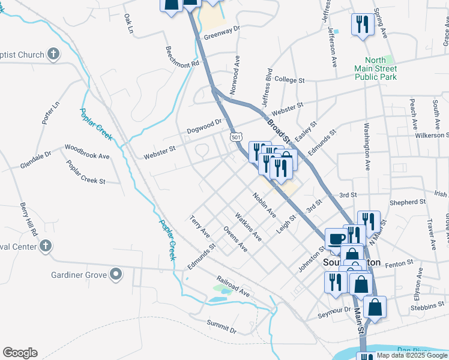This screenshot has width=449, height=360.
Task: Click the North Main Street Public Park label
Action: [x=375, y=68]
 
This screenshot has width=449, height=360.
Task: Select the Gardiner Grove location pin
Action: [x=116, y=275]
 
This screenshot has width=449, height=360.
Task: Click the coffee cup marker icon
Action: [x=336, y=239]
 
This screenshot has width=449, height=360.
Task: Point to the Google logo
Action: [x=20, y=353]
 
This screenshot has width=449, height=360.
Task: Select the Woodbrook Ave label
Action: [x=87, y=151]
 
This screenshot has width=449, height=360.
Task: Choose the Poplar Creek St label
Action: [x=86, y=172]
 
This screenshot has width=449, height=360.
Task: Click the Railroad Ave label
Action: [x=233, y=286]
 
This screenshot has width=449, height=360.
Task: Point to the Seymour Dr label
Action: [x=334, y=310]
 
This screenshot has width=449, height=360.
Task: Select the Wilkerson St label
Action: [x=432, y=136]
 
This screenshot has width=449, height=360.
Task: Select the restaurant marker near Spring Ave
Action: [x=361, y=25]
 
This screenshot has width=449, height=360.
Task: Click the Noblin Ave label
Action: [x=264, y=205]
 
